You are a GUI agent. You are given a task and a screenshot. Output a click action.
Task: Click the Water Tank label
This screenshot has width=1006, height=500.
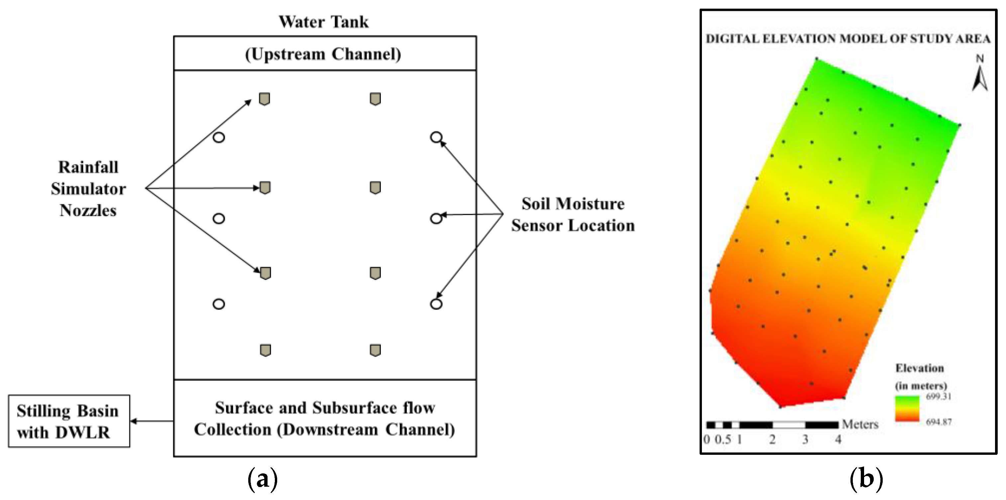[x=323, y=22]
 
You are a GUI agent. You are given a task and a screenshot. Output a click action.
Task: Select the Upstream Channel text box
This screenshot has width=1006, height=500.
[x=323, y=54]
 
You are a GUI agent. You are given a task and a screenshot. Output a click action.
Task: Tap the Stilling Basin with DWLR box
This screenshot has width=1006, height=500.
[x=69, y=421]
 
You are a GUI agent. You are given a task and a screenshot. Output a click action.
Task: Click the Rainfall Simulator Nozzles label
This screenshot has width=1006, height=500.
[x=88, y=189]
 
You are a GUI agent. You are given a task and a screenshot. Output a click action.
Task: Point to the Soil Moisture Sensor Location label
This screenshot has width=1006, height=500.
[x=573, y=214]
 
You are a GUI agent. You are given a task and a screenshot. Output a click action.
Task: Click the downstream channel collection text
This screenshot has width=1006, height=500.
[x=324, y=419]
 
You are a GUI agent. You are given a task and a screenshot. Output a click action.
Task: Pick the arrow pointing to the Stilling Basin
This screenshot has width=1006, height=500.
[x=152, y=421]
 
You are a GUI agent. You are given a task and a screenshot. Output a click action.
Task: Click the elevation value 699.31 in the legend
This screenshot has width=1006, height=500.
[x=939, y=397]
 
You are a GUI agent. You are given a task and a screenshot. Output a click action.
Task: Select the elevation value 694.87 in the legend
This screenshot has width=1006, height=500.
[x=939, y=422]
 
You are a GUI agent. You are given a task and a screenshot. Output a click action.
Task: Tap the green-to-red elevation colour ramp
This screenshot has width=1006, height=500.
[x=907, y=409]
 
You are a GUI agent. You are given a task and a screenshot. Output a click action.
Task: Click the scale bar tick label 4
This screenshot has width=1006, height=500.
[x=838, y=439]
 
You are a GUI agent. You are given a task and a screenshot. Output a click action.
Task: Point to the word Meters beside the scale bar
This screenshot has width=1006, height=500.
[x=860, y=424]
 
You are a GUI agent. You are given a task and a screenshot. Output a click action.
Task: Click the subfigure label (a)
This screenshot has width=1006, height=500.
[x=263, y=479]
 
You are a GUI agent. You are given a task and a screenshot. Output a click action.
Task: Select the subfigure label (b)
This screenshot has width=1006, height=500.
[x=866, y=479]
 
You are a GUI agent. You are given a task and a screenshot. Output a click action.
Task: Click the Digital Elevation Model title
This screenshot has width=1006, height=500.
[x=848, y=39]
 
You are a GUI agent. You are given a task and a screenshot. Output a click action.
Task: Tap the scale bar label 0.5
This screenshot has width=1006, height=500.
[x=723, y=439]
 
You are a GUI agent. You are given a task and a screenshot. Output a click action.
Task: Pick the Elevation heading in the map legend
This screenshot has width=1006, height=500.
[x=919, y=368]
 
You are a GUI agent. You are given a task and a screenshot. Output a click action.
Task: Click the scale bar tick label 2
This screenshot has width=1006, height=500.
[x=772, y=439]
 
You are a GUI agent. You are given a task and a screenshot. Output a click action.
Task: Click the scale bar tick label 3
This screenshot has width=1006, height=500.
[x=805, y=439]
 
